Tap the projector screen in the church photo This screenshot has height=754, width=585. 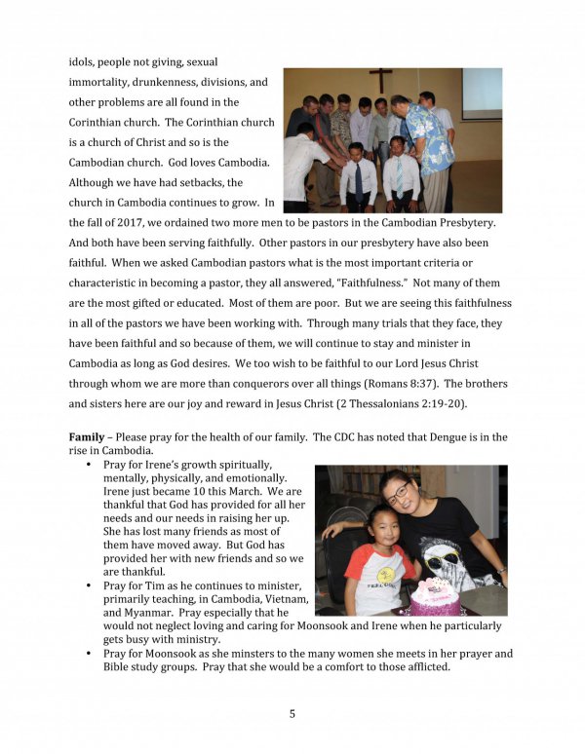[x=481, y=93]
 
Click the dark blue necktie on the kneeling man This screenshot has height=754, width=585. [x=359, y=180]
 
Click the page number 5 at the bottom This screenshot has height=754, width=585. [x=292, y=713]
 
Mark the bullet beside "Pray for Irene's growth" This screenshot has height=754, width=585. [x=90, y=465]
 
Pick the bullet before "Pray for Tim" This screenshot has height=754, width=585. [x=90, y=586]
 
